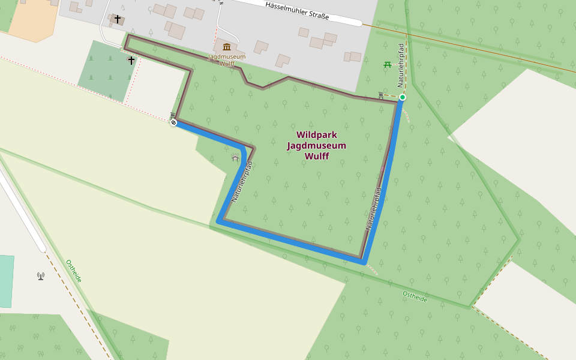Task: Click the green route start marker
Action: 403,97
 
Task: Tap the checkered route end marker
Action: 173,123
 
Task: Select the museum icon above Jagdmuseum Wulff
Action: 226,47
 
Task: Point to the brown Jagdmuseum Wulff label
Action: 226,59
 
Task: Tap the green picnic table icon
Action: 388,64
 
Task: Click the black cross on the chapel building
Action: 117,19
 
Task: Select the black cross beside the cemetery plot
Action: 131,61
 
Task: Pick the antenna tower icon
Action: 40,276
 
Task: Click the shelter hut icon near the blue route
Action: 235,157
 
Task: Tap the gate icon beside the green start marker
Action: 382,95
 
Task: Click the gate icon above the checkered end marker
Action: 173,115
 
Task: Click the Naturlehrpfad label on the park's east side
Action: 374,209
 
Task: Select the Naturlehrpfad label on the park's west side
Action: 241,180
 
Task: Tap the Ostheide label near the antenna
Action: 73,271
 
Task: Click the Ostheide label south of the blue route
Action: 415,296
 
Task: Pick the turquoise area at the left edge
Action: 6,281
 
